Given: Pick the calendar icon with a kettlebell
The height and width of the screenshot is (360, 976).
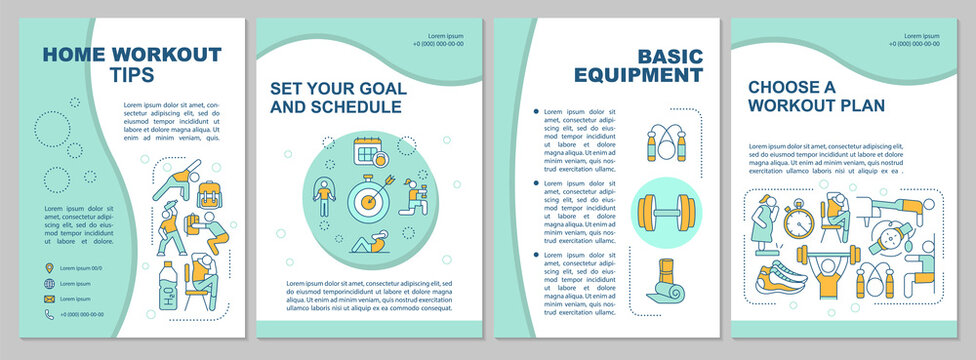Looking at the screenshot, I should pos(369,152).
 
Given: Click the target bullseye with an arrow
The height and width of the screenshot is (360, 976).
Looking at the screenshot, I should pos(368,200).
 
